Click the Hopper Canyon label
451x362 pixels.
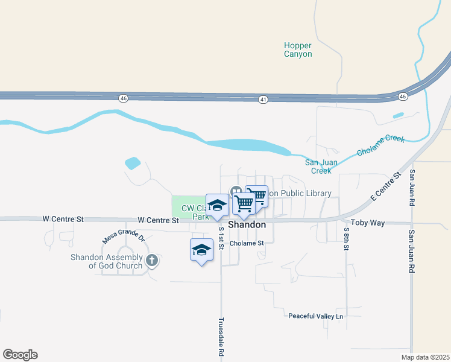[298, 49]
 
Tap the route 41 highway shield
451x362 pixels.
[262, 98]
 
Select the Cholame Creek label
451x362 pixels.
[380, 145]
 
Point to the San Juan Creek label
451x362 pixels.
[318, 167]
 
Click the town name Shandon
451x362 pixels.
[247, 224]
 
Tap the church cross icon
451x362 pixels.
[152, 261]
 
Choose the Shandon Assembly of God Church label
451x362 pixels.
[106, 261]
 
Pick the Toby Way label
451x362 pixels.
[368, 223]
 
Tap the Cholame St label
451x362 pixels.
[247, 243]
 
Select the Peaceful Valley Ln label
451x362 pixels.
[315, 316]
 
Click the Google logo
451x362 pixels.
[20, 355]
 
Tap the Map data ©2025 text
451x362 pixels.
[424, 357]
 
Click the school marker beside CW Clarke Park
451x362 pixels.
[217, 205]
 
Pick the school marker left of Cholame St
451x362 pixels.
[201, 250]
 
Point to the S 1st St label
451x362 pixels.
[221, 237]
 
